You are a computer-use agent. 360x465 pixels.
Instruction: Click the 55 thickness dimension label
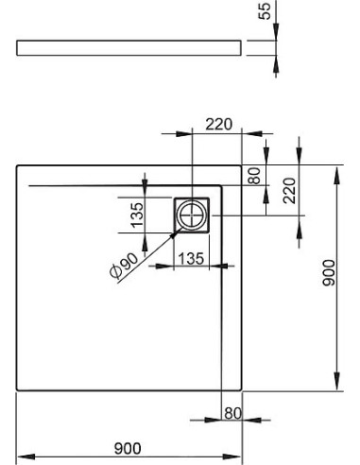pos(265,11)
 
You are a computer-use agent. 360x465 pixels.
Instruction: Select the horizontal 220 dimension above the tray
pos(219,124)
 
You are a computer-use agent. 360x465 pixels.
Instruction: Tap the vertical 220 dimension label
pos(290,190)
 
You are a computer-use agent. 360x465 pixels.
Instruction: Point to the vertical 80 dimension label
pos(254,176)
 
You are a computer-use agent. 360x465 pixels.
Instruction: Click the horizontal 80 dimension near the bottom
pos(232,413)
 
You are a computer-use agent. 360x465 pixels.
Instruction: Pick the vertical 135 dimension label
pos(137,215)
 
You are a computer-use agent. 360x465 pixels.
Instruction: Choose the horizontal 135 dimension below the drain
pos(192,259)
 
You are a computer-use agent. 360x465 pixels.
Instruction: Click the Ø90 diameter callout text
pos(124,266)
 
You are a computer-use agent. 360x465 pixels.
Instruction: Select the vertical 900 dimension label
pos(329,273)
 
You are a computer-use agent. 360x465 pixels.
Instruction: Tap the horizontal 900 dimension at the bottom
pos(128,449)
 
